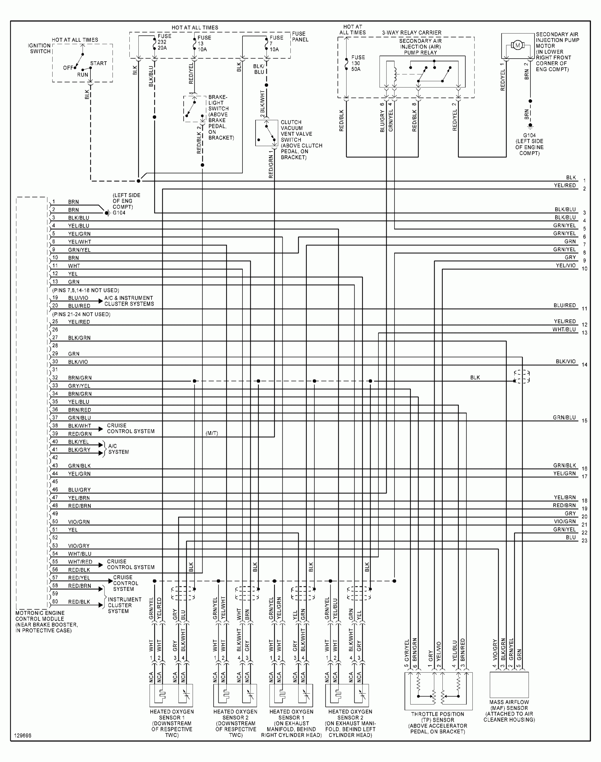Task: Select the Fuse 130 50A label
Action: tap(358, 63)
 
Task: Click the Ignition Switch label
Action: tap(40, 48)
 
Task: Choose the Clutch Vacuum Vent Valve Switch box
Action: tap(266, 133)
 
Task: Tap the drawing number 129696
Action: tap(23, 736)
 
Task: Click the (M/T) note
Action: tap(212, 433)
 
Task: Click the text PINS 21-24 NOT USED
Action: tap(81, 314)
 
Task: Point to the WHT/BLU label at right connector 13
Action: tap(564, 330)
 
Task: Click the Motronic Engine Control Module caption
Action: tap(46, 622)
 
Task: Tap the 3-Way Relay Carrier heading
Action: tap(411, 33)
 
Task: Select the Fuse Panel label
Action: tap(300, 37)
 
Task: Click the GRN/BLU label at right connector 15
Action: tap(564, 417)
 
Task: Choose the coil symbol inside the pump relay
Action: tap(395, 74)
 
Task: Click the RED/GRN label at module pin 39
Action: tap(80, 434)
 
